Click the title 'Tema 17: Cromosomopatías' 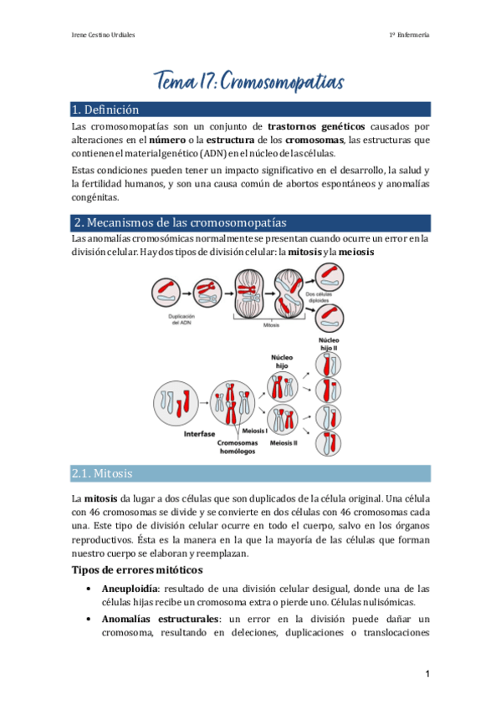pos(250,82)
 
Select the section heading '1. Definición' pos(105,110)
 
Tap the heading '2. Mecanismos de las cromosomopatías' pos(180,222)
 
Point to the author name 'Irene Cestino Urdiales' pos(106,34)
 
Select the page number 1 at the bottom pos(427,674)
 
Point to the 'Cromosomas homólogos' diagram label pos(231,446)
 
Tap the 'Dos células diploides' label pos(317,298)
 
